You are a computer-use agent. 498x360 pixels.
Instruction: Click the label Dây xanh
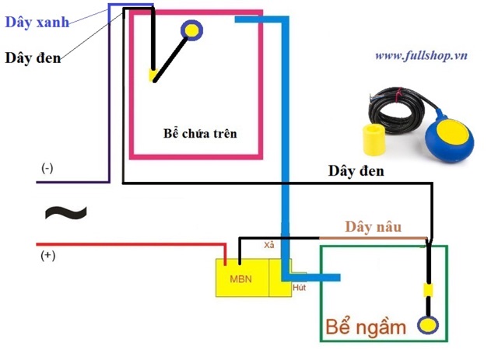[37, 22]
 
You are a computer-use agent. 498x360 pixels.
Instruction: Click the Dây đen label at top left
[33, 57]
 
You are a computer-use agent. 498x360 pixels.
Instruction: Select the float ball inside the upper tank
[191, 30]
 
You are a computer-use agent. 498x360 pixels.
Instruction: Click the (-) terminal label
[47, 168]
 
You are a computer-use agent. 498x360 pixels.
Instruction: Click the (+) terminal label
[47, 255]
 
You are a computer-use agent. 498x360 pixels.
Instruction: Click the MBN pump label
[240, 278]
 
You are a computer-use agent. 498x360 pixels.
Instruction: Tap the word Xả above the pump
[269, 245]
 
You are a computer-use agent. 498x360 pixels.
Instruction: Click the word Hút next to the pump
[299, 288]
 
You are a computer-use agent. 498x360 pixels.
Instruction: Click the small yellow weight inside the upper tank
[154, 76]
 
